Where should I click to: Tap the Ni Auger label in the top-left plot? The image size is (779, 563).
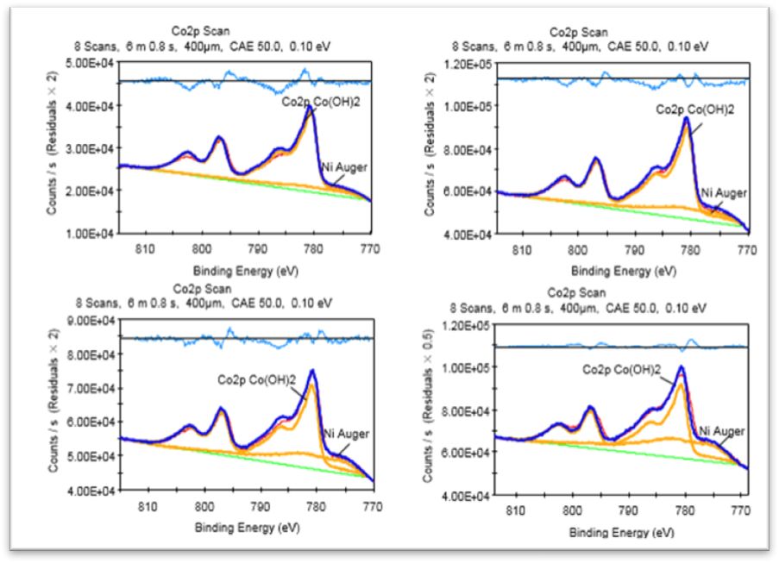[x=346, y=167]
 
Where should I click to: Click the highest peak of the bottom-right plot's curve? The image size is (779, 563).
[x=682, y=367]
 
